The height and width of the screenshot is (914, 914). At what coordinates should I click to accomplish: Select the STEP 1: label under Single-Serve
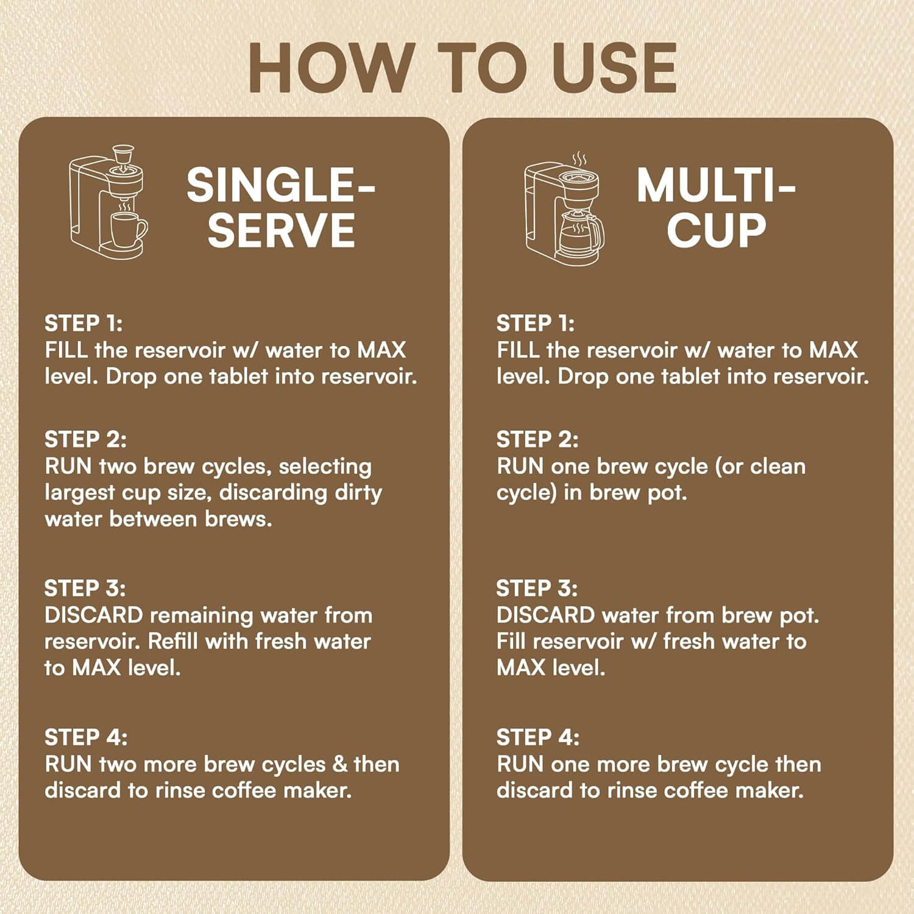(83, 323)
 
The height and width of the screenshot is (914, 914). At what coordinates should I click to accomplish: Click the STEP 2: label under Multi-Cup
(537, 439)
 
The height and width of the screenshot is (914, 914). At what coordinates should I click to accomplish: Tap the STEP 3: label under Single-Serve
(85, 589)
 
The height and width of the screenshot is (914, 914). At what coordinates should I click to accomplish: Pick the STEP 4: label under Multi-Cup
(538, 738)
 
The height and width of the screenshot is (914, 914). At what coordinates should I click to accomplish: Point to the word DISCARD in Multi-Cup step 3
(545, 615)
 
